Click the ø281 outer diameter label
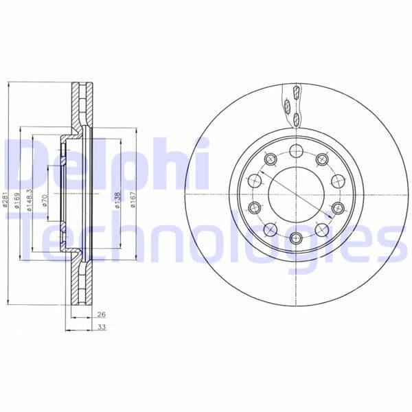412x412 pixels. tap(6, 200)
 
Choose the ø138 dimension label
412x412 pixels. tap(117, 200)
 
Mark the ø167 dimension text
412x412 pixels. tap(133, 200)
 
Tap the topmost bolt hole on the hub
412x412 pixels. tap(296, 152)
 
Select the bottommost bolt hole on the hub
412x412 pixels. tap(296, 238)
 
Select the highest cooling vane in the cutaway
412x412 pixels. tap(295, 92)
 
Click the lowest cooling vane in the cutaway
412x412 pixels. tap(296, 120)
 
